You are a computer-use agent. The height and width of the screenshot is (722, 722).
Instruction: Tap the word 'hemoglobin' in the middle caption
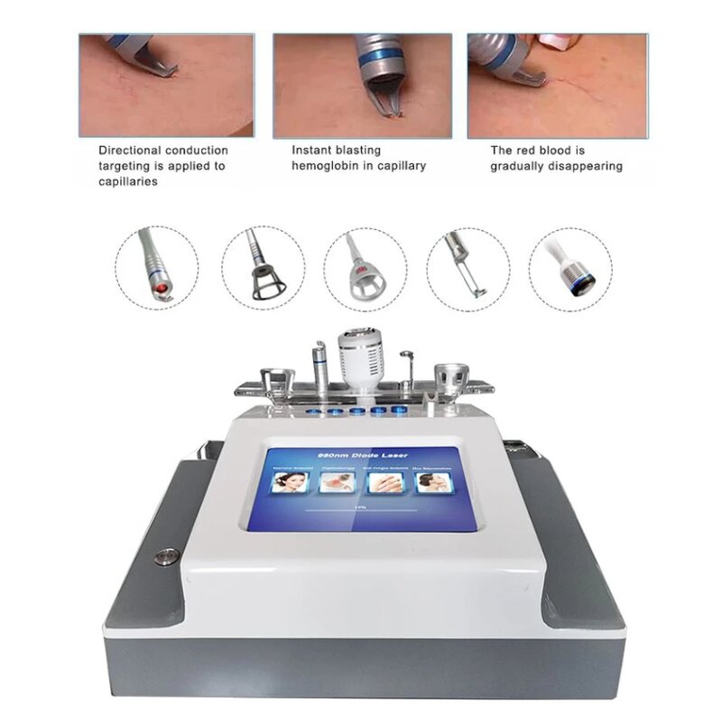pyautogui.click(x=325, y=165)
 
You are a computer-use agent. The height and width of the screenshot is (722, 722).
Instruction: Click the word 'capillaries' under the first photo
pyautogui.click(x=128, y=181)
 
